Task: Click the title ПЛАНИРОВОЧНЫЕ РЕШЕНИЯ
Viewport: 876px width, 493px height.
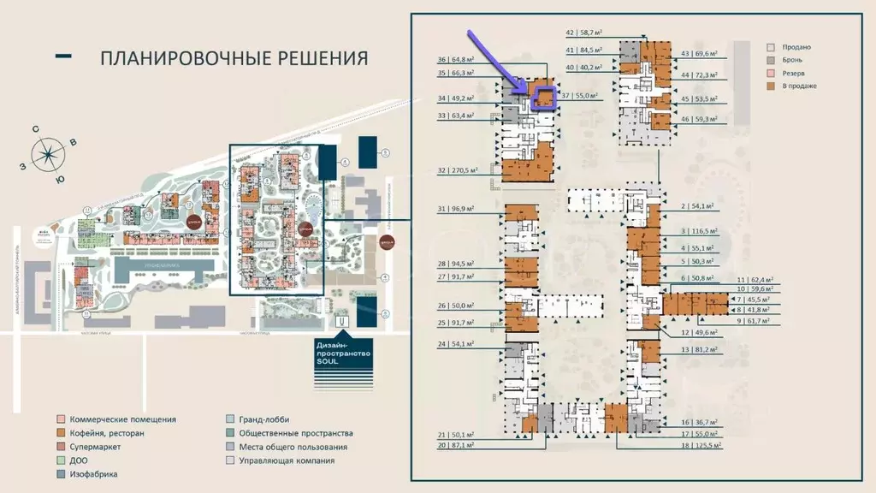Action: coord(234,58)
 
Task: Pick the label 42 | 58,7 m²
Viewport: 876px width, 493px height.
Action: coord(585,33)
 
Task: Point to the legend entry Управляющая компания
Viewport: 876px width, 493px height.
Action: coord(287,460)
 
